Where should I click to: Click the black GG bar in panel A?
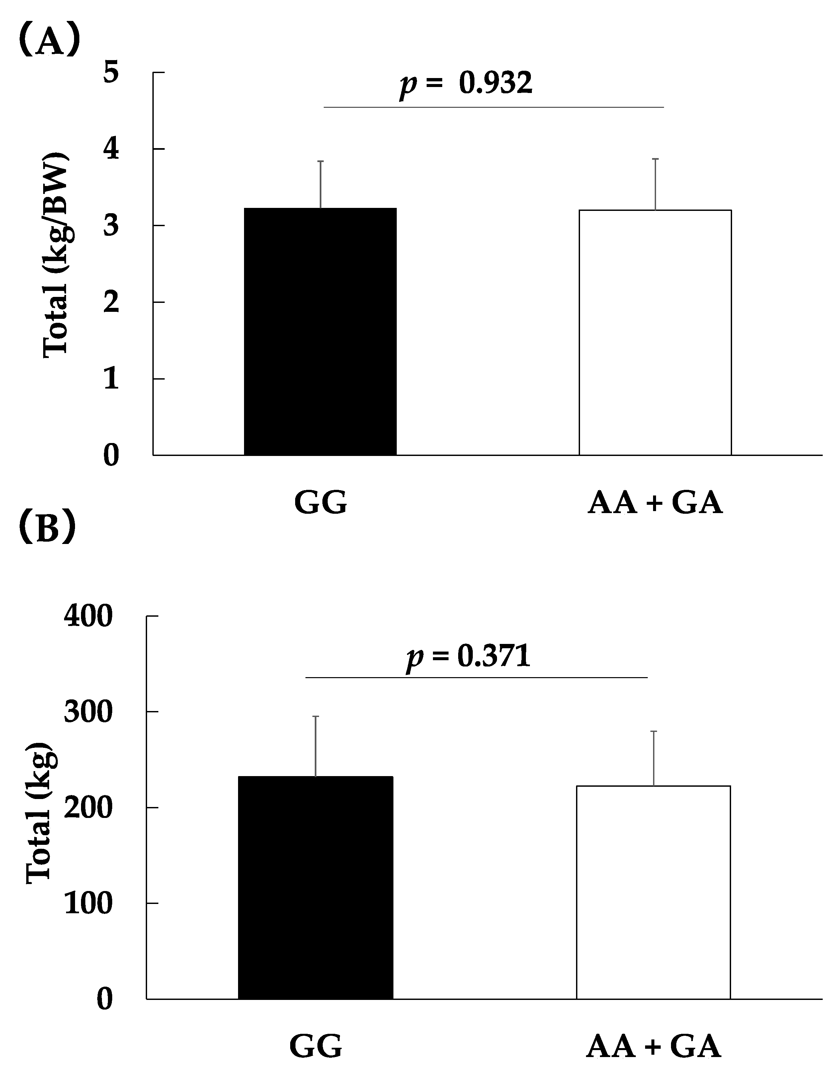tap(320, 331)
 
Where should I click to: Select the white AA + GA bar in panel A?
tap(655, 332)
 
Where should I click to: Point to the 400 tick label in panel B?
tap(88, 616)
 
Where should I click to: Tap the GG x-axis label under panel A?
tap(321, 503)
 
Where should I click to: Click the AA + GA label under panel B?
tap(653, 1046)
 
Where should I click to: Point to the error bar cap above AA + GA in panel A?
tap(655, 159)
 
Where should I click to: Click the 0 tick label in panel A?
tap(111, 456)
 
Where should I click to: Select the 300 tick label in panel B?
tap(88, 712)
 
